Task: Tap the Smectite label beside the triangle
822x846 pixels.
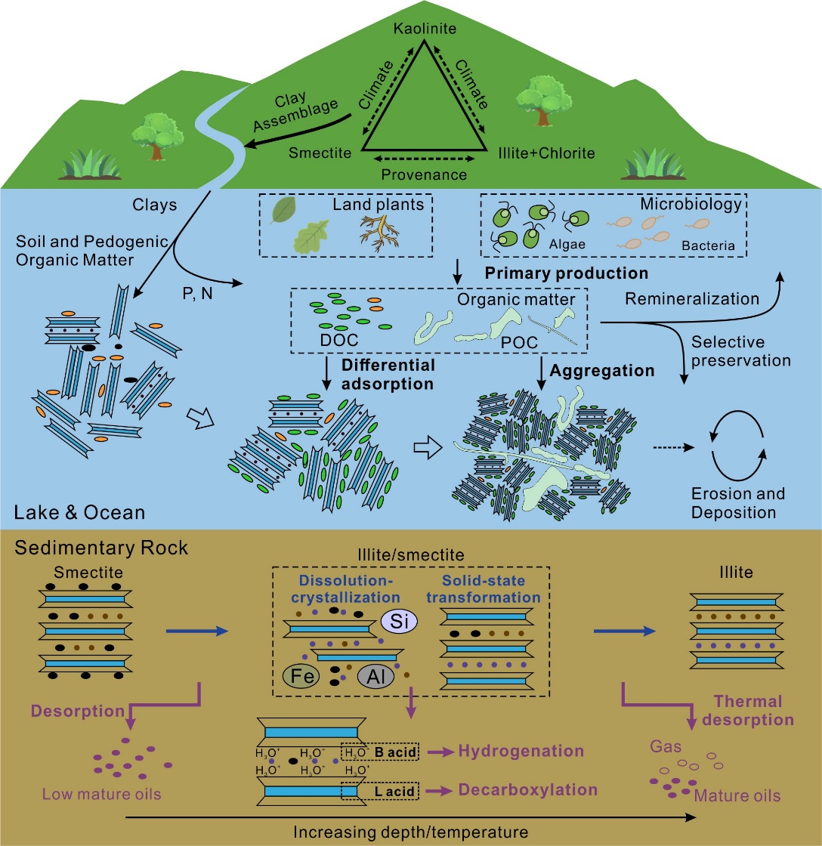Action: tap(320, 153)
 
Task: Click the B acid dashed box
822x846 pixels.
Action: tap(368, 752)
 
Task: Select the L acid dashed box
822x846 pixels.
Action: tap(368, 790)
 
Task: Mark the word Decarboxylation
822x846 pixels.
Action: tap(527, 790)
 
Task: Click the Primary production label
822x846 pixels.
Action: tap(566, 272)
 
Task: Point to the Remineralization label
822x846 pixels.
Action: tap(692, 299)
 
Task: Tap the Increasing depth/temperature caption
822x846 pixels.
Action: tap(410, 832)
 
